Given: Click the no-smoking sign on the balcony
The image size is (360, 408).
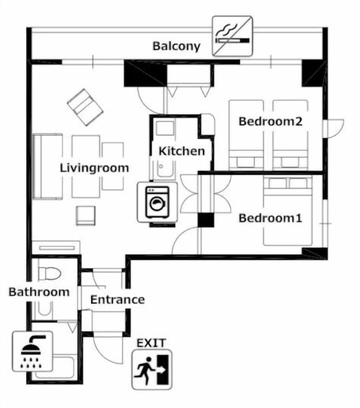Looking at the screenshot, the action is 232,36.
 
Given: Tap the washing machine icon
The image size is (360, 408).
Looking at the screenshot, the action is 157,202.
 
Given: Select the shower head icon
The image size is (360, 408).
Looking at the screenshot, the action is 33,351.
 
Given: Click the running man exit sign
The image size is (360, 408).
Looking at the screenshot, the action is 152,369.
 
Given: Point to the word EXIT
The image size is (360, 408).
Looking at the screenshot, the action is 151,343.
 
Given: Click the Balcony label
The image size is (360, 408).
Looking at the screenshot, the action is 177,46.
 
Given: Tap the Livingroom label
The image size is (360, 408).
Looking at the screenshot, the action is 94,168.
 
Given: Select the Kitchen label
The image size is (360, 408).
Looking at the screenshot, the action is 182,151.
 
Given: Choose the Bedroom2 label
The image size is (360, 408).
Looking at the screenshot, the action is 271,121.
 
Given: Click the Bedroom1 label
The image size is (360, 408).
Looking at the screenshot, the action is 271,218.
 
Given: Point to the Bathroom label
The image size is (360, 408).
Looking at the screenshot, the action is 39,292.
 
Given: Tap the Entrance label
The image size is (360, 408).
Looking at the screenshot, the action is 118,300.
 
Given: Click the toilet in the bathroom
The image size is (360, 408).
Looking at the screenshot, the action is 49,274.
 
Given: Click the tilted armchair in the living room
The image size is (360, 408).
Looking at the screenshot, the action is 85,107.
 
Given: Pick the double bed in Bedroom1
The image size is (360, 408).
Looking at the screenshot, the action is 287,211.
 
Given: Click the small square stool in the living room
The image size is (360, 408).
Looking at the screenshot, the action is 85,215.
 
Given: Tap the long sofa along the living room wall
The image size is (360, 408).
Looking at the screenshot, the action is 48,166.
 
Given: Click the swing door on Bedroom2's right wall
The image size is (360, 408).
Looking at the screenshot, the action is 334,129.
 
